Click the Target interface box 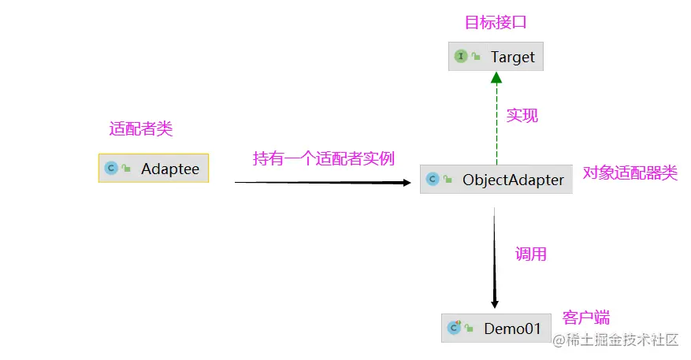click(496, 57)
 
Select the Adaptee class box click(154, 168)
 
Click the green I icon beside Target click(461, 57)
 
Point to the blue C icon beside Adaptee click(111, 168)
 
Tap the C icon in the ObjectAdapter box click(432, 180)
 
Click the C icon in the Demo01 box click(454, 328)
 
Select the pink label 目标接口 click(495, 22)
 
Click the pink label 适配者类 click(140, 128)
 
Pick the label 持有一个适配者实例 click(323, 158)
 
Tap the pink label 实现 click(522, 115)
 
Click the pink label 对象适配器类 click(630, 173)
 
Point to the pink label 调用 click(531, 254)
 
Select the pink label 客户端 click(586, 317)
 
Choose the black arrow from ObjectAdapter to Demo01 click(494, 256)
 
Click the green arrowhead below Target click(496, 77)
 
